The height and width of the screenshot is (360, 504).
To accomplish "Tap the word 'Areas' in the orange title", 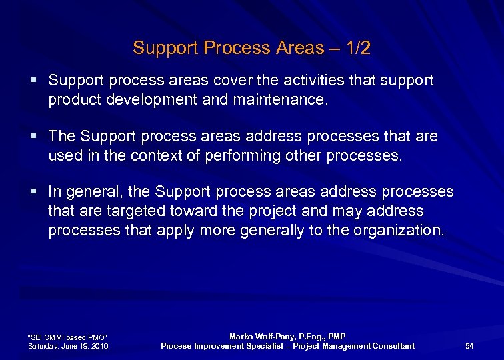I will pyautogui.click(x=302, y=48).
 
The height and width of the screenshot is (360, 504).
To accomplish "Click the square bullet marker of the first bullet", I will pyautogui.click(x=33, y=81).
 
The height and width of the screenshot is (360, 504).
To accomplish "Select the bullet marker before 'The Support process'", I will pyautogui.click(x=33, y=137).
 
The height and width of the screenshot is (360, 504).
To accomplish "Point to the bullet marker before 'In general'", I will pyautogui.click(x=33, y=193).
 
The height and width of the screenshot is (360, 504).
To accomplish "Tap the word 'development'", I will pyautogui.click(x=149, y=99).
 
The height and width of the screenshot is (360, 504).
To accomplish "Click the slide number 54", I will pyautogui.click(x=469, y=345).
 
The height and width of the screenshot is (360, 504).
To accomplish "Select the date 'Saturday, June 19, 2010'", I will pyautogui.click(x=68, y=345).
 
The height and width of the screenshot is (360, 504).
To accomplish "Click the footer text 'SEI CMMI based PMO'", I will pyautogui.click(x=67, y=337).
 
